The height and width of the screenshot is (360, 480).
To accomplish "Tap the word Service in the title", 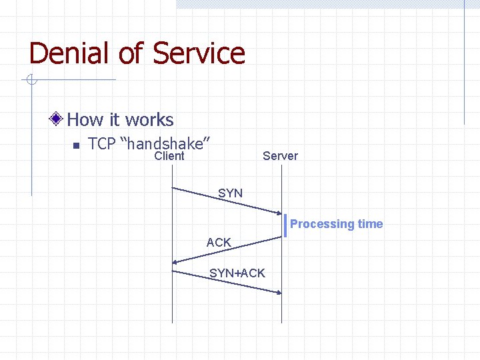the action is point(199,53).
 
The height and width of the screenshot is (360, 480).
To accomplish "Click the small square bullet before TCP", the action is point(75,145).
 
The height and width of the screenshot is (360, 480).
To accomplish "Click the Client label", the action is point(169,156).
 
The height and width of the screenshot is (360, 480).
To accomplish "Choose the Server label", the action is point(280,156).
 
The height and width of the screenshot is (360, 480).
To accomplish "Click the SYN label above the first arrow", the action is point(230,193).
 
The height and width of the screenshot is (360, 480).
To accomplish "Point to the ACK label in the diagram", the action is point(219,243).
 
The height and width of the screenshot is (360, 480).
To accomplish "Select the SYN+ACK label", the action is point(237,273).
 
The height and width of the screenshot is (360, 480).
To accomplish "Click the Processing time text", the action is point(336,224).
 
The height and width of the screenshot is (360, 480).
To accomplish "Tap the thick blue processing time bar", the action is point(285,225).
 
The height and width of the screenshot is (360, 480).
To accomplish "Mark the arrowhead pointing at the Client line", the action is point(175,262).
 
